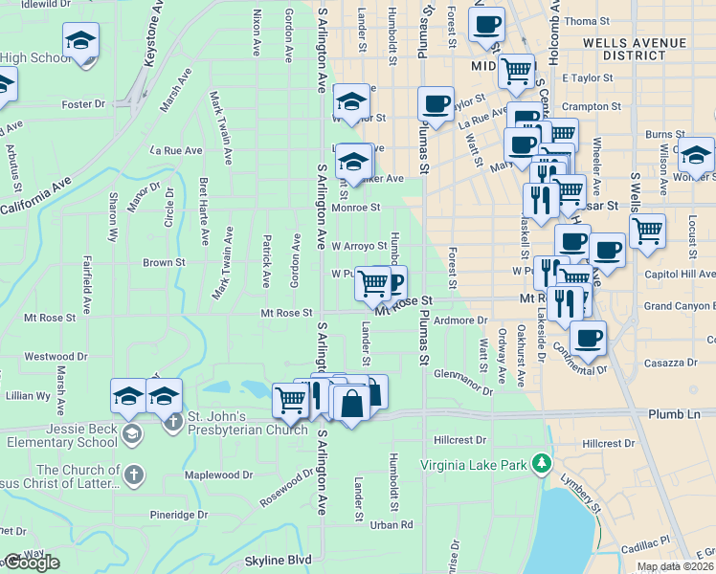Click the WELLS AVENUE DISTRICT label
[x=634, y=49]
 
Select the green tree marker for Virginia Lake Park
[x=542, y=464]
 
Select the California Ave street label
[x=35, y=197]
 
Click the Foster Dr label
[x=82, y=104]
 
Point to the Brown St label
[x=164, y=262]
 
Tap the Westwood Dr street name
[x=50, y=357]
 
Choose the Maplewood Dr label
[x=218, y=475]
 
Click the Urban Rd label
[x=392, y=524]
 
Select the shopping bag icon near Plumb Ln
[x=352, y=403]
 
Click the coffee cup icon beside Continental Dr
[x=588, y=339]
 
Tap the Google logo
[x=31, y=563]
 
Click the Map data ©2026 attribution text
[x=675, y=566]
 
